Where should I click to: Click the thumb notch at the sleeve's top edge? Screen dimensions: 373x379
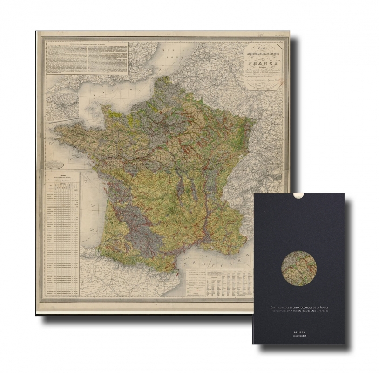pos(299,196)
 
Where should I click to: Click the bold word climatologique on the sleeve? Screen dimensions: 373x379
pos(303,308)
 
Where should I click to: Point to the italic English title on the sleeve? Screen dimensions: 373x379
pos(298,313)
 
